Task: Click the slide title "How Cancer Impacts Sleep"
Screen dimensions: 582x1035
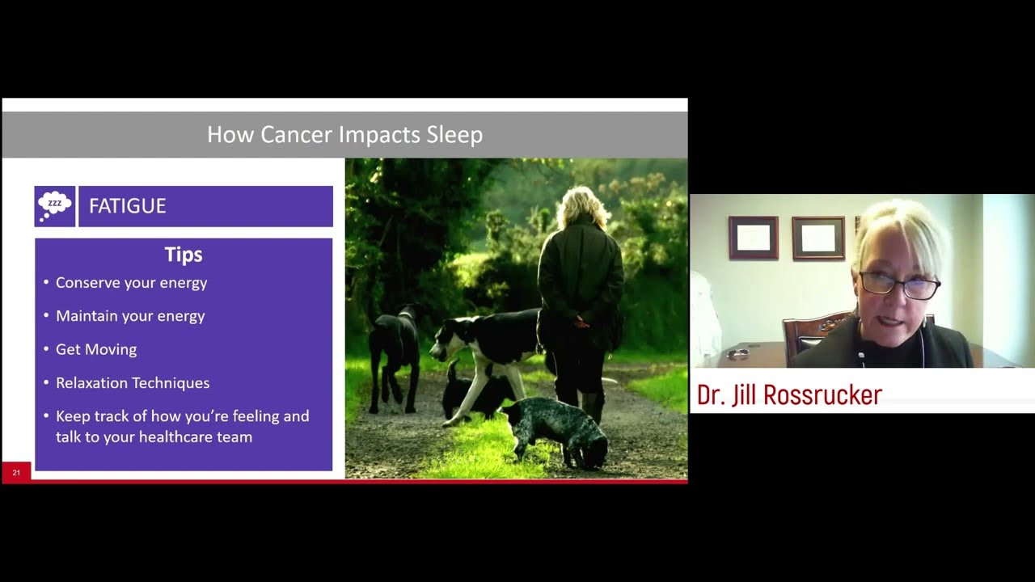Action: point(344,134)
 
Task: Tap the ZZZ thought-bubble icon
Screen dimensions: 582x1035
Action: point(55,206)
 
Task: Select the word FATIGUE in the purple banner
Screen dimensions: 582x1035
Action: point(127,206)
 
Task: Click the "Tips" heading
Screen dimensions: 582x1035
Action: point(184,255)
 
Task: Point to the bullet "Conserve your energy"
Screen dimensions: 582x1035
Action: point(131,283)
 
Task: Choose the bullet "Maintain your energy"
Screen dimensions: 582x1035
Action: point(130,316)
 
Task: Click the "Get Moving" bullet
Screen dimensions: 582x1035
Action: point(96,349)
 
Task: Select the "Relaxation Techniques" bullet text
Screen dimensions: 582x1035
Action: point(133,383)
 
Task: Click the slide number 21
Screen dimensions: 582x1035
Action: point(16,473)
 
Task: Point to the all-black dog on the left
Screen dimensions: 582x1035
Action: point(395,348)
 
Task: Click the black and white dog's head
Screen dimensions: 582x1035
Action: point(446,339)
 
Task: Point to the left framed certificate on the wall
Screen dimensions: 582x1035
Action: point(753,238)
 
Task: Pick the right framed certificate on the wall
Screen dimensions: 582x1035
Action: point(818,238)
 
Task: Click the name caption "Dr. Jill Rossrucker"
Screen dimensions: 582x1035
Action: point(789,395)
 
